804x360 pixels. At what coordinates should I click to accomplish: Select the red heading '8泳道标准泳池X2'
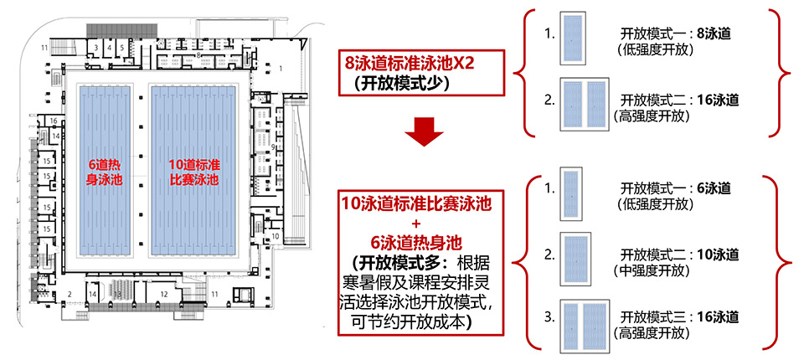(x=409, y=63)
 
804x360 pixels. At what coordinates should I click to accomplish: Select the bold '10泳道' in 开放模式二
(x=719, y=254)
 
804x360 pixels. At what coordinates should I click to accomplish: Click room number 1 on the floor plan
(x=281, y=68)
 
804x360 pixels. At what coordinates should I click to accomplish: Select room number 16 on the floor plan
(x=52, y=121)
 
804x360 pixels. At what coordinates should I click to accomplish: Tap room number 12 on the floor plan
(x=164, y=294)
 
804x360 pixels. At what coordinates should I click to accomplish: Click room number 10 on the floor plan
(x=275, y=236)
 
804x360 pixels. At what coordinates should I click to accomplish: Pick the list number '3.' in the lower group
(x=549, y=316)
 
